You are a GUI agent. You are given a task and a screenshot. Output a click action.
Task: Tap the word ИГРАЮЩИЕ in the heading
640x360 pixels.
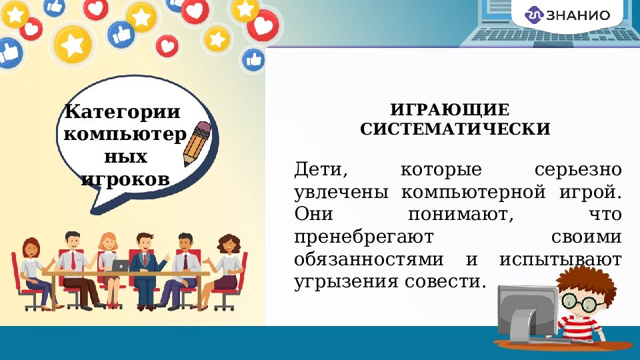pos(450,109)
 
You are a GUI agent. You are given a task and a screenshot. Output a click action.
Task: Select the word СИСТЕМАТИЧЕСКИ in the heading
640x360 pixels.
pos(455,129)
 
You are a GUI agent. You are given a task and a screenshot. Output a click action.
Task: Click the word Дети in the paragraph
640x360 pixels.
pos(320,169)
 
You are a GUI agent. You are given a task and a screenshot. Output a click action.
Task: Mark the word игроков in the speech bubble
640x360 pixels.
pos(125,179)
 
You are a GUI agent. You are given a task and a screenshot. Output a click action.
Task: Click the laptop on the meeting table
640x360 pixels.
pos(121,265)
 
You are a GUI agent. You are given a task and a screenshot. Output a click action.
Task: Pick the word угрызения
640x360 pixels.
pos(346,281)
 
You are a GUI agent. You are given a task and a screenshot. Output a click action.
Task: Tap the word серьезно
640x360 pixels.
pos(578,169)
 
